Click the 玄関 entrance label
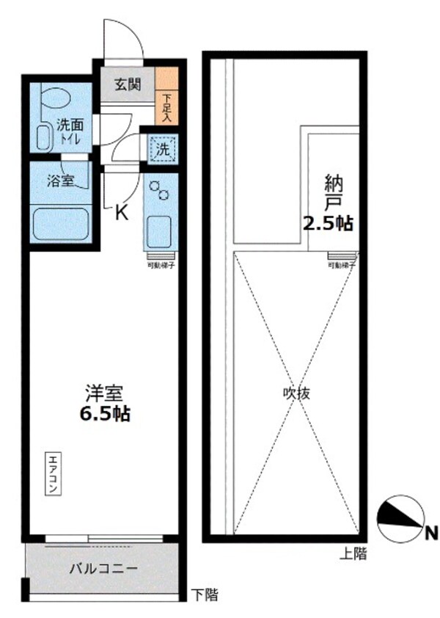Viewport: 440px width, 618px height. pyautogui.click(x=126, y=84)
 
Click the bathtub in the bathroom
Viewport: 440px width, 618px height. pyautogui.click(x=59, y=223)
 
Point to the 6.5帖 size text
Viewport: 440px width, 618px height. pyautogui.click(x=104, y=413)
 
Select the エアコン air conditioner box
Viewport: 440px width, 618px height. pyautogui.click(x=54, y=473)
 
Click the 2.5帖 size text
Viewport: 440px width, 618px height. pyautogui.click(x=328, y=224)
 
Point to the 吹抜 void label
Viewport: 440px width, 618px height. pyautogui.click(x=297, y=393)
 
